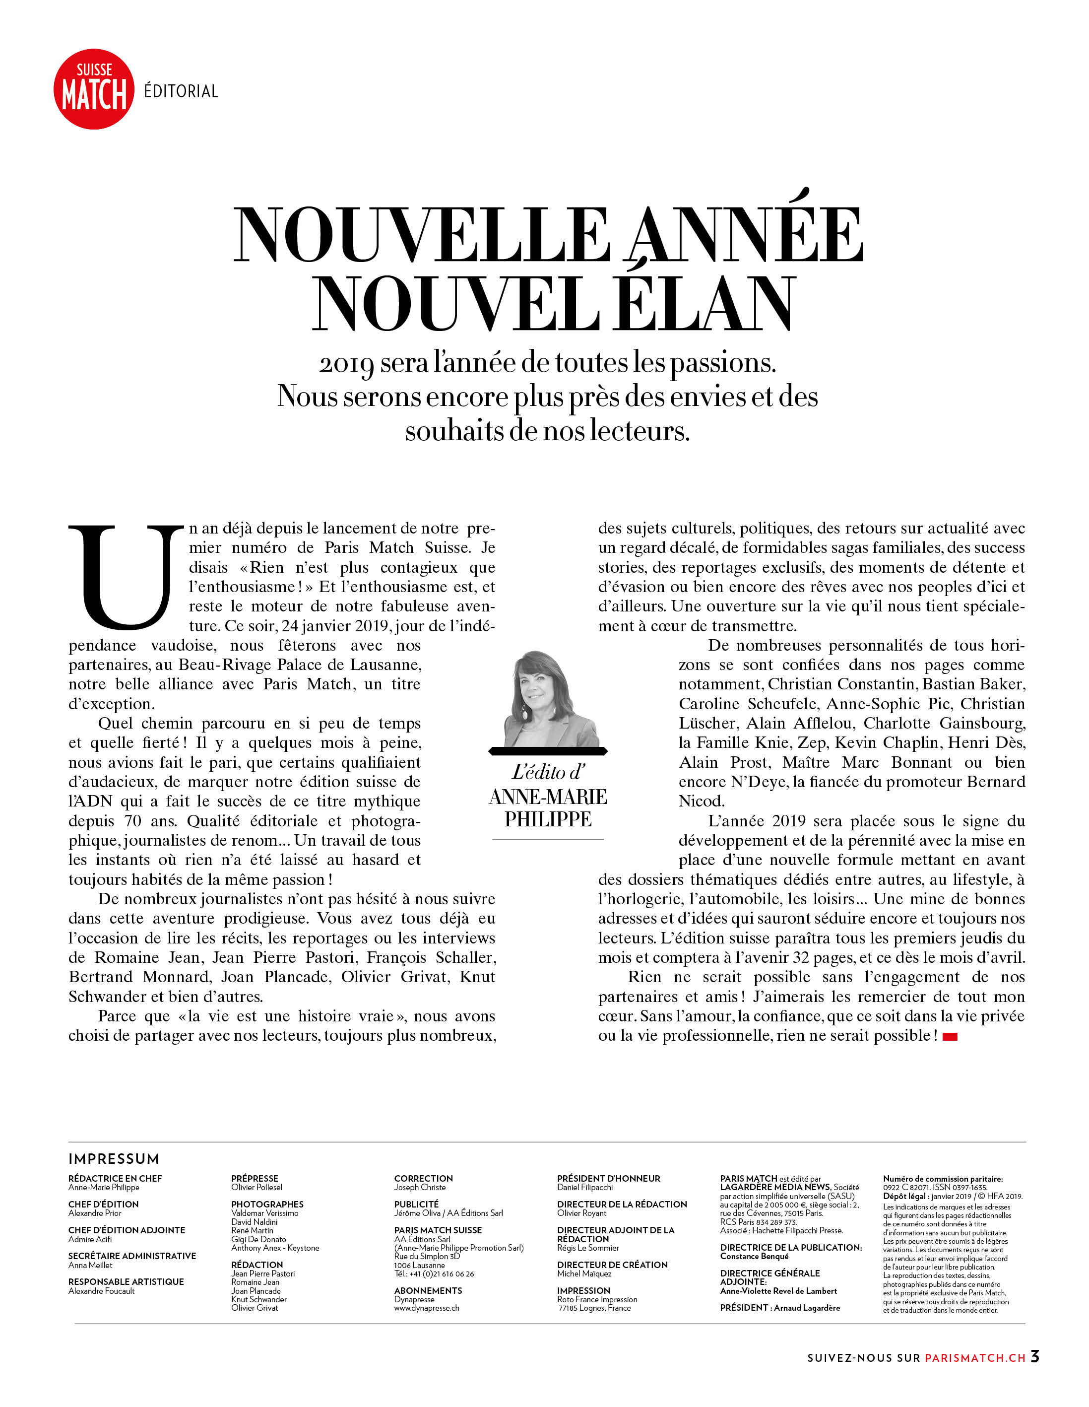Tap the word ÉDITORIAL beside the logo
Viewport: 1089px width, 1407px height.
181,91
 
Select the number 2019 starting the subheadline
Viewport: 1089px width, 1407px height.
346,364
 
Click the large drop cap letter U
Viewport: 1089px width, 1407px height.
126,577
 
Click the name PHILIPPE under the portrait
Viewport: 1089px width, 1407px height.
547,819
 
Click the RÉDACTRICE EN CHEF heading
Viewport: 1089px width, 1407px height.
115,1178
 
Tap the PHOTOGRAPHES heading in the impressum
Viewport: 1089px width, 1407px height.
267,1204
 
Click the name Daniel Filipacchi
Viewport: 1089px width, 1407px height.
585,1187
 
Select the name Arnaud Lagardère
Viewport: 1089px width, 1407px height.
806,1308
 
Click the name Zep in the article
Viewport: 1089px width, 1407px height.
812,743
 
